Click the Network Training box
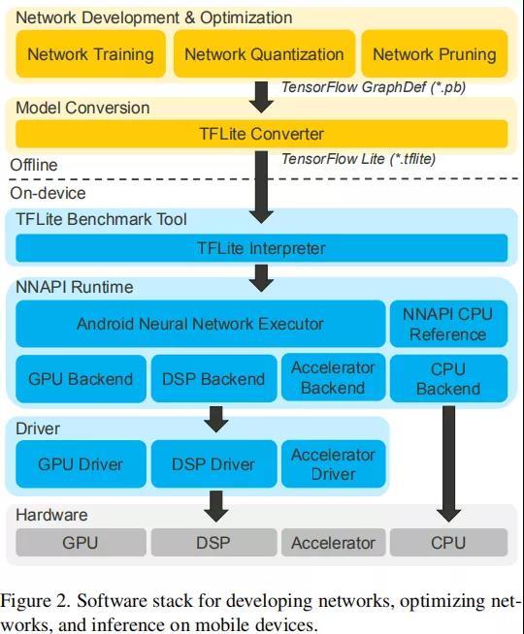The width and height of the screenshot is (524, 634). pyautogui.click(x=90, y=53)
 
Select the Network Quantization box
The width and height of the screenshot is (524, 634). pyautogui.click(x=264, y=53)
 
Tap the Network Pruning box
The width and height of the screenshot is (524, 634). pyautogui.click(x=435, y=53)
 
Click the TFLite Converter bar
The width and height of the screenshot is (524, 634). pyautogui.click(x=262, y=134)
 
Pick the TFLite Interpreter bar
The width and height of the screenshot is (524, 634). pyautogui.click(x=262, y=248)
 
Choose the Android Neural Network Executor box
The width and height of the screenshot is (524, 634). pyautogui.click(x=200, y=324)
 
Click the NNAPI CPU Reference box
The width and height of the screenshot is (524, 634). pyautogui.click(x=448, y=324)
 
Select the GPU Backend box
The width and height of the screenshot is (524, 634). pyautogui.click(x=81, y=379)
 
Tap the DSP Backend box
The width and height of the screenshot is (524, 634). pyautogui.click(x=214, y=379)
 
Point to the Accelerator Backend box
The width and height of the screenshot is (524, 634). pyautogui.click(x=334, y=378)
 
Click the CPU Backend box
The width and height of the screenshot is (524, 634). pyautogui.click(x=448, y=379)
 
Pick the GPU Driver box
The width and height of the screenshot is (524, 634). pyautogui.click(x=81, y=463)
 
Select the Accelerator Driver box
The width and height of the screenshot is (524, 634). pyautogui.click(x=334, y=463)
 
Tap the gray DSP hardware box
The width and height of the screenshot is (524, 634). pyautogui.click(x=214, y=543)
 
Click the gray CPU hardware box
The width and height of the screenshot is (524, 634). pyautogui.click(x=448, y=543)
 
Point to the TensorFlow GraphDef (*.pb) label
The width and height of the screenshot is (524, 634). pyautogui.click(x=374, y=87)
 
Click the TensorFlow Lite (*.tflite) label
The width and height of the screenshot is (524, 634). pyautogui.click(x=358, y=159)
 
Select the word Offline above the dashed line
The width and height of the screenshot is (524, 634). pyautogui.click(x=34, y=165)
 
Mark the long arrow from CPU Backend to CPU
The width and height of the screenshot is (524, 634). pyautogui.click(x=448, y=464)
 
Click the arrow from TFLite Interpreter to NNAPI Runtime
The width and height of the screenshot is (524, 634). pyautogui.click(x=261, y=278)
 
